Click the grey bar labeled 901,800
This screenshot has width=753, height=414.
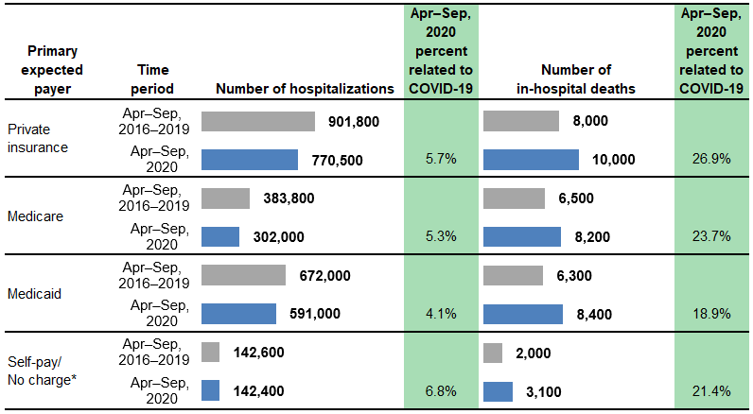click(x=257, y=121)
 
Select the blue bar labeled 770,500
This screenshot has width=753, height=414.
click(x=250, y=159)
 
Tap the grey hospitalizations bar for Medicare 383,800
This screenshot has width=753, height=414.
click(x=225, y=198)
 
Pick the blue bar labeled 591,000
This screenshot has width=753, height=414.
click(x=238, y=313)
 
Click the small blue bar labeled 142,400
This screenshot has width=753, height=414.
click(x=210, y=389)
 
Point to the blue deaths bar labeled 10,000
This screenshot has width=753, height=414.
click(x=530, y=159)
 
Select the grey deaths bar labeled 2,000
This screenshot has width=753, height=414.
click(x=492, y=353)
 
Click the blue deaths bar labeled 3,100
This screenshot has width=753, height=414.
click(x=498, y=389)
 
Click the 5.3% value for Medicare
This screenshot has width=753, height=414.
click(x=441, y=236)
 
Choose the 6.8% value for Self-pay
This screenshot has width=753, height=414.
click(x=441, y=389)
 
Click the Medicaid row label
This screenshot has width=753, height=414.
click(x=33, y=293)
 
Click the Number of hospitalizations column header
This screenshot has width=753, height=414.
click(x=305, y=89)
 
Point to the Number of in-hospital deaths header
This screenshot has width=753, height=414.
click(x=575, y=79)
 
